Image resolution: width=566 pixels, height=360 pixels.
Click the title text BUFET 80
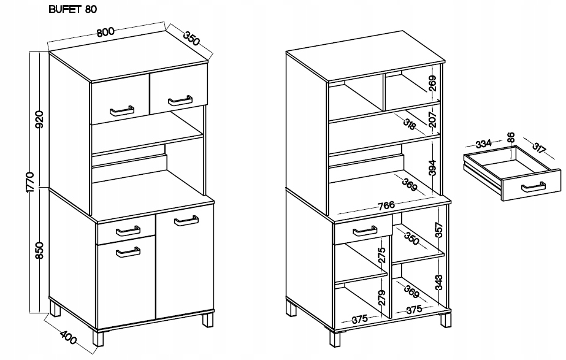tap(72, 9)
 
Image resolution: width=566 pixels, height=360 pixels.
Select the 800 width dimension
tap(105, 32)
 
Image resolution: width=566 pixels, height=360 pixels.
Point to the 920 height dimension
tap(39, 120)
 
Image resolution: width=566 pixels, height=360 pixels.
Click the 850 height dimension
tap(39, 250)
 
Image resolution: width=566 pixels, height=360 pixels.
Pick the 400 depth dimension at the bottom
tap(68, 337)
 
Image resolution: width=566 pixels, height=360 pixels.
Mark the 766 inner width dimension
tap(386, 205)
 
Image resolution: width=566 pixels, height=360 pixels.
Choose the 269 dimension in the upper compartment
tap(433, 83)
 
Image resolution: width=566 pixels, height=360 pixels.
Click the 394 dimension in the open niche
tap(432, 167)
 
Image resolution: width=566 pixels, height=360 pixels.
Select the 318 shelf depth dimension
tap(410, 124)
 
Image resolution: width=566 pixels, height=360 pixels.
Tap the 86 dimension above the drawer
tap(510, 137)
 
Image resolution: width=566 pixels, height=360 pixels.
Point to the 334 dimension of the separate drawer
tap(483, 144)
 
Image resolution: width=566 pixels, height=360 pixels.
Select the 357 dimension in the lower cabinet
tap(438, 229)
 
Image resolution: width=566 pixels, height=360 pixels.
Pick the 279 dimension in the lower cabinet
tap(383, 297)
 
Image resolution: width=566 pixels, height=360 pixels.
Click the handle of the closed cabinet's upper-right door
tap(180, 101)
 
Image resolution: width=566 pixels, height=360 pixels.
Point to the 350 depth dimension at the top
tap(191, 39)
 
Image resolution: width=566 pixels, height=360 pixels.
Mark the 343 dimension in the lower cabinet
tap(438, 283)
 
